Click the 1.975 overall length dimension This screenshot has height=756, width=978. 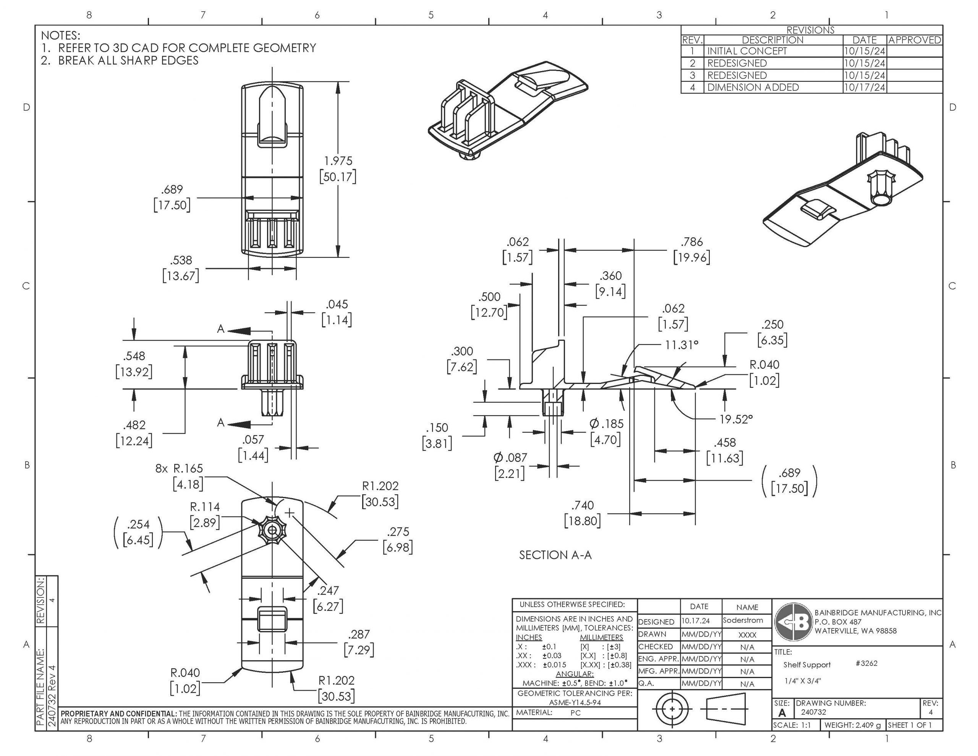click(338, 161)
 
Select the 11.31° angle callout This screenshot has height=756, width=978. click(681, 345)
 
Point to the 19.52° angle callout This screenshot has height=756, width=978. click(736, 419)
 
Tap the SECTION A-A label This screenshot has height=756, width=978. click(555, 555)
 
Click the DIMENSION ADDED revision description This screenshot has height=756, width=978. click(753, 87)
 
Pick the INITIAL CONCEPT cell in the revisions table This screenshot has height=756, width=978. click(746, 51)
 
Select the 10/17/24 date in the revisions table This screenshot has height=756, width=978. click(864, 87)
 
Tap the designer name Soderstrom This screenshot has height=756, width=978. click(743, 620)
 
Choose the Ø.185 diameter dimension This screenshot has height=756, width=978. click(606, 424)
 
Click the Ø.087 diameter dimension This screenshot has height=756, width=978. click(510, 458)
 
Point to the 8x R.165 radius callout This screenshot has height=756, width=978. click(179, 469)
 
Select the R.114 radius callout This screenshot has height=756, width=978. click(205, 507)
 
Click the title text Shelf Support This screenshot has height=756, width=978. click(807, 665)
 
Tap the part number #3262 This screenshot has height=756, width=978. click(866, 663)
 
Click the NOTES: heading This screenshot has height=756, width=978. click(60, 36)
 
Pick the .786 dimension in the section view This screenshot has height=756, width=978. click(692, 242)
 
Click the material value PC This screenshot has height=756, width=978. click(575, 713)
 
